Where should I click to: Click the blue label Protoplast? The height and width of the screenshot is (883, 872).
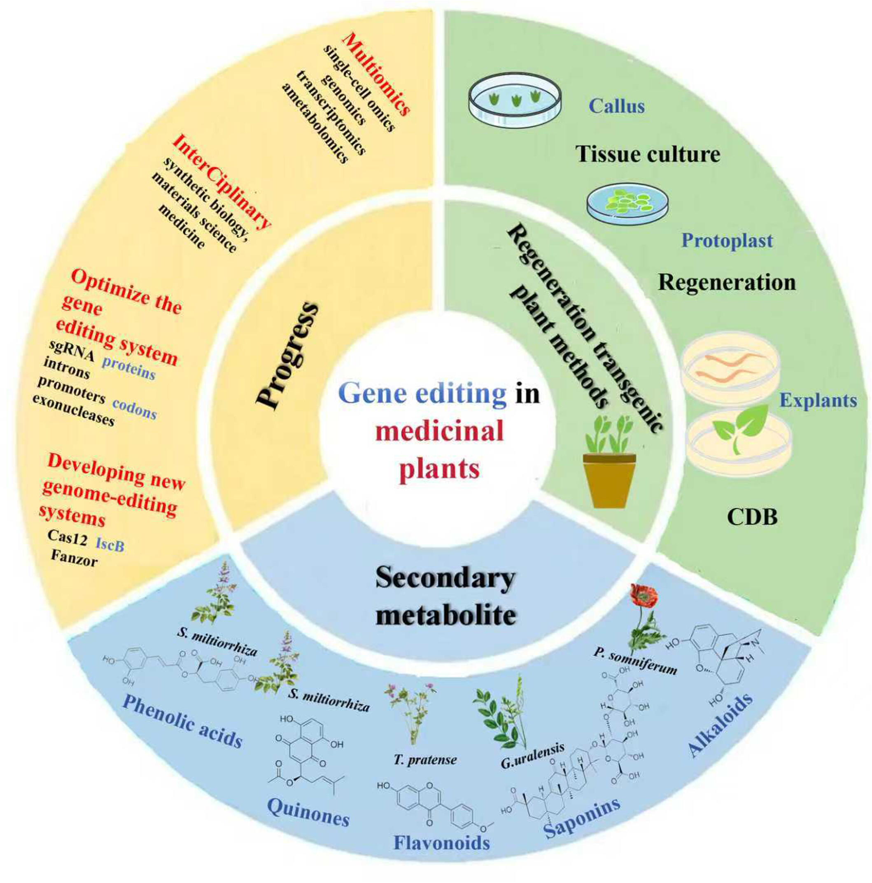click(x=727, y=240)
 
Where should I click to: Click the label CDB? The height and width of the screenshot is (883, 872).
click(x=752, y=517)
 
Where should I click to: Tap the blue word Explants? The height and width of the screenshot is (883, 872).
click(x=818, y=400)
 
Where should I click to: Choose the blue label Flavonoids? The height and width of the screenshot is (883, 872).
click(x=441, y=855)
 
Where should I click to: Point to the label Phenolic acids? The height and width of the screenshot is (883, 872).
click(x=182, y=723)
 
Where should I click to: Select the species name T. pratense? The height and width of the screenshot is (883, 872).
click(x=425, y=760)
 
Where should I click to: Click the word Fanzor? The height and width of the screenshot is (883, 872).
click(x=74, y=558)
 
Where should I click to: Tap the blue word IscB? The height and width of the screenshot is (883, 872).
click(x=110, y=544)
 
